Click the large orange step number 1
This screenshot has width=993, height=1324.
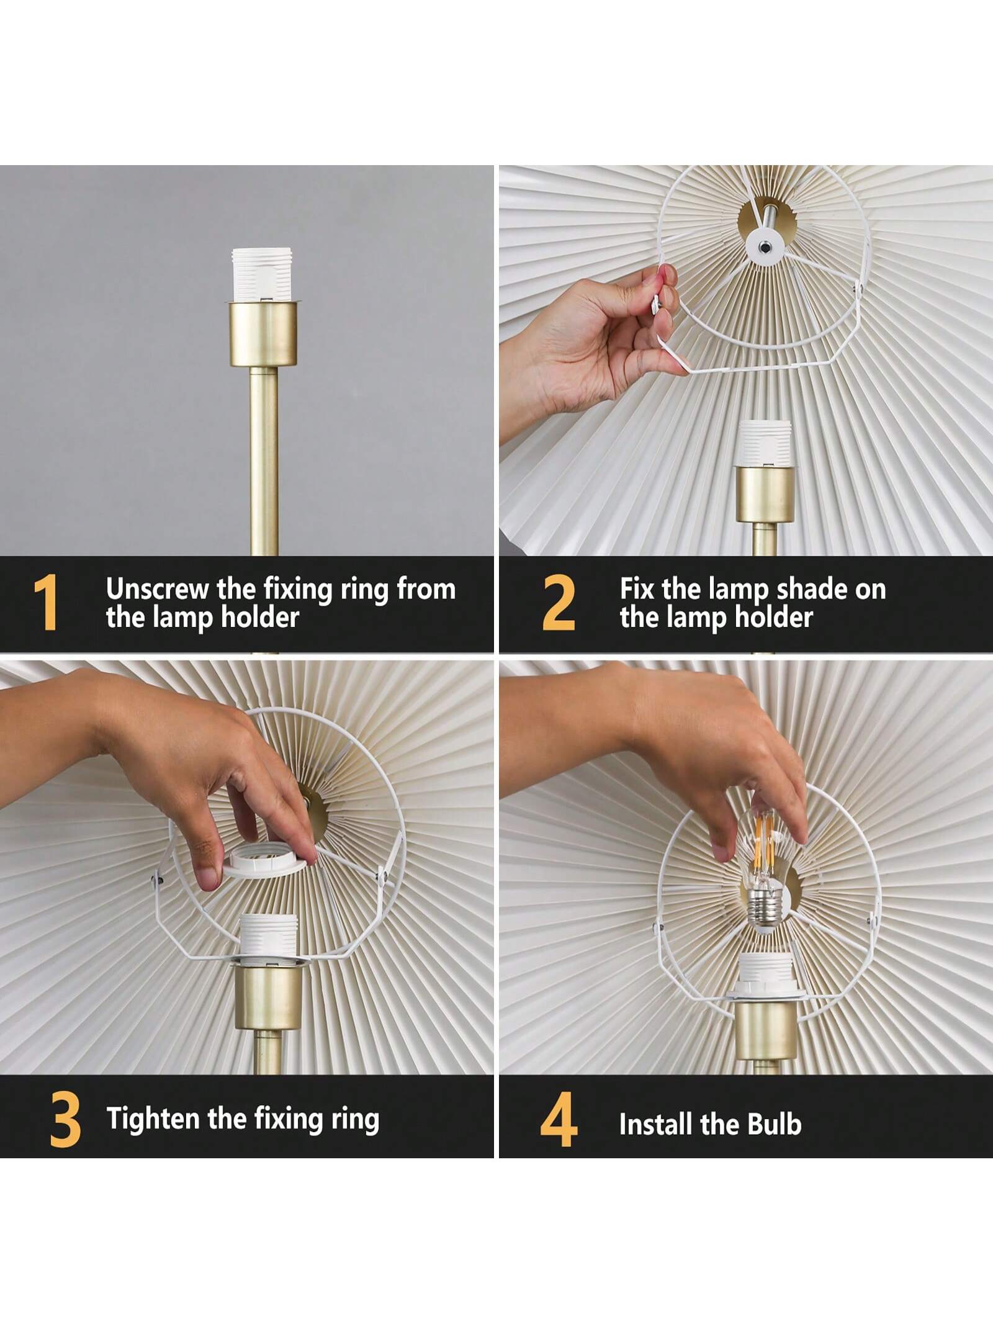click(45, 603)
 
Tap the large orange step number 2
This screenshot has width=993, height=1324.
click(559, 603)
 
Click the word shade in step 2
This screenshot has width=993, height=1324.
click(811, 589)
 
